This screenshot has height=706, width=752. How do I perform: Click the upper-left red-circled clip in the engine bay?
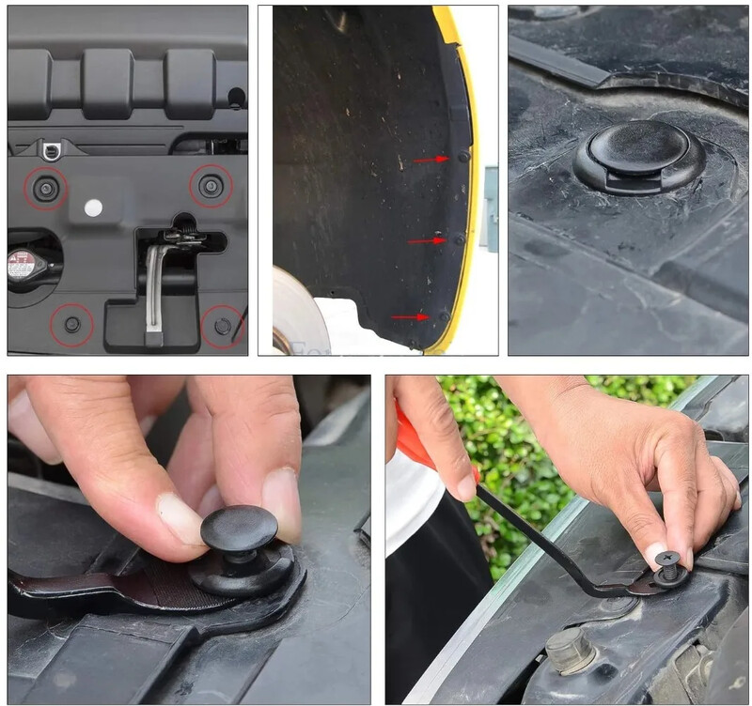pos(45,188)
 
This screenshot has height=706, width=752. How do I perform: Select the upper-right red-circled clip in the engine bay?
pos(211,186)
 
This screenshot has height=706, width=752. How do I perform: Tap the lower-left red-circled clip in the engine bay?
pos(71,324)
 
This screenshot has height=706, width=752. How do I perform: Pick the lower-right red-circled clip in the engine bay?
pos(223,325)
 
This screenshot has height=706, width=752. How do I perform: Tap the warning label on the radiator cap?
pos(21,265)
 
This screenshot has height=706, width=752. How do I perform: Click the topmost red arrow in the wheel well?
pos(431,160)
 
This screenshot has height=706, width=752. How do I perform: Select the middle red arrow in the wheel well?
pos(426,240)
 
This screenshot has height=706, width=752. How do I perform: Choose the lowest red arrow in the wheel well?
pos(410,317)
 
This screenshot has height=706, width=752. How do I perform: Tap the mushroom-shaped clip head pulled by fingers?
pos(237,525)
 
